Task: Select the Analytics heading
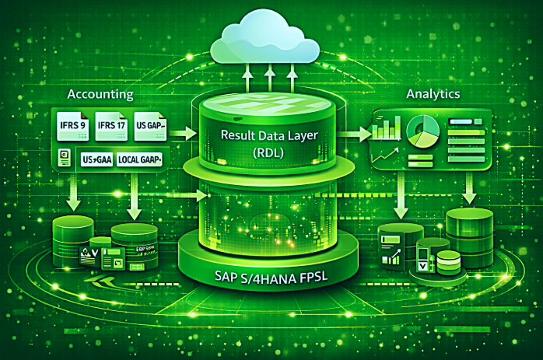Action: (x=433, y=93)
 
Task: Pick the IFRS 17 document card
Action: (x=110, y=125)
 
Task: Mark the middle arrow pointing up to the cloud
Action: (x=269, y=78)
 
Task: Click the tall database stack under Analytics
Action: (x=468, y=237)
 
